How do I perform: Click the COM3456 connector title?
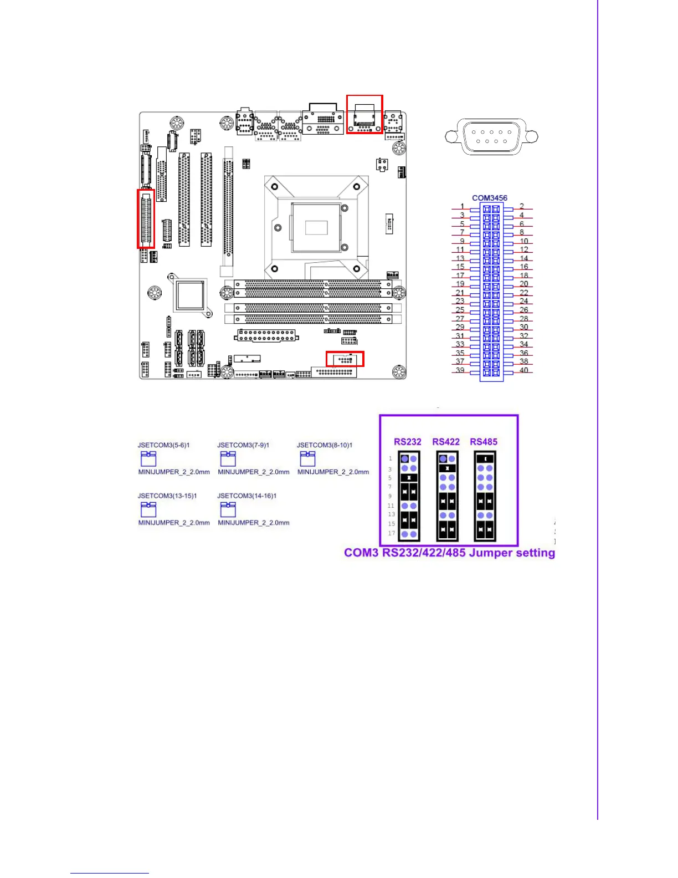489,198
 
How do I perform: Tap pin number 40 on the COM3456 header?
523,370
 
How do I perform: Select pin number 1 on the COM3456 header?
463,207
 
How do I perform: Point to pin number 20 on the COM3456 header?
523,284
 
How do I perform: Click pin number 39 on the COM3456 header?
460,370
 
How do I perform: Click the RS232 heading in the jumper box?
407,442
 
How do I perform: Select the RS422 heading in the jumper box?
446,442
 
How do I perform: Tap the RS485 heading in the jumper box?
484,442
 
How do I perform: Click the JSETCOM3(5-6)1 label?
163,445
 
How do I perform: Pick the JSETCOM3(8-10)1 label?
325,445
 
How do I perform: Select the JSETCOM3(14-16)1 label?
246,496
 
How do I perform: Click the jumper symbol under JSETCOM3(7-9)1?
228,458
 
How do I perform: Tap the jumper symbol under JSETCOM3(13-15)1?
148,509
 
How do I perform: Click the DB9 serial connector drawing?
491,136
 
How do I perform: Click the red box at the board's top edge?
364,114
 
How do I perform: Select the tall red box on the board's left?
146,218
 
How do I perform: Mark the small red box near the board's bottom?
345,359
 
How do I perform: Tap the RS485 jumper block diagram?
485,496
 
